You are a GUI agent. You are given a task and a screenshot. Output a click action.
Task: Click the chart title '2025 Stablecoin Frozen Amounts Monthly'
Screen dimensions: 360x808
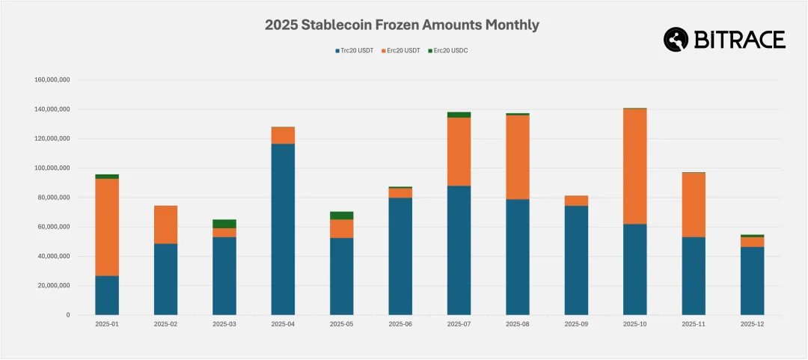click(x=402, y=25)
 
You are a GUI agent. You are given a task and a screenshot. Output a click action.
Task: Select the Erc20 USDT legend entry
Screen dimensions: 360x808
click(x=403, y=51)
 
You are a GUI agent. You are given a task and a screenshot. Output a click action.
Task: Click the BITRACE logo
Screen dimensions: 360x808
click(x=723, y=39)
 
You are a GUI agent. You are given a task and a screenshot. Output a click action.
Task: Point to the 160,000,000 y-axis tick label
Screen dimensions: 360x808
click(x=52, y=80)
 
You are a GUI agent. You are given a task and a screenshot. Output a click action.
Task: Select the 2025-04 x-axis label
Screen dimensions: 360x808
click(x=283, y=324)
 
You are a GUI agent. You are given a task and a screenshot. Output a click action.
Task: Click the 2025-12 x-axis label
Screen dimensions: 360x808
click(x=752, y=324)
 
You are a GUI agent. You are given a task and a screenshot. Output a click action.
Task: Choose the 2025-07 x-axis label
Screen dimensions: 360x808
click(x=459, y=324)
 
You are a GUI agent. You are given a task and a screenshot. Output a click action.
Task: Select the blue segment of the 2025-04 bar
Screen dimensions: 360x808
click(x=283, y=228)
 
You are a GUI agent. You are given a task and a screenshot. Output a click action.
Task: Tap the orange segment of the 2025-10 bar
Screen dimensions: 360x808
click(x=634, y=166)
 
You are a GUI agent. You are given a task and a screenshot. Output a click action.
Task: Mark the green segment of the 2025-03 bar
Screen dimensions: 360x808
click(x=224, y=224)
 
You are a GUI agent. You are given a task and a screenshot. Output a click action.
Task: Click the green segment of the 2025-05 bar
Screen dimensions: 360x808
click(x=341, y=216)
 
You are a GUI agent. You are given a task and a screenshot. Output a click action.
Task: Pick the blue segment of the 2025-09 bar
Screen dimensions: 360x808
click(x=576, y=260)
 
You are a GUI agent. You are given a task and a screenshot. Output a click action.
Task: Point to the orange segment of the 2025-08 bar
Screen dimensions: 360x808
click(x=518, y=157)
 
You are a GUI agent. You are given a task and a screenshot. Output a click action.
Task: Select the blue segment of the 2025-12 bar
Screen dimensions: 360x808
click(x=752, y=281)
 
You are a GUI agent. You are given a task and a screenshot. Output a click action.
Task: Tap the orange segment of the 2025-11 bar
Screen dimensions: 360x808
click(x=694, y=205)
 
